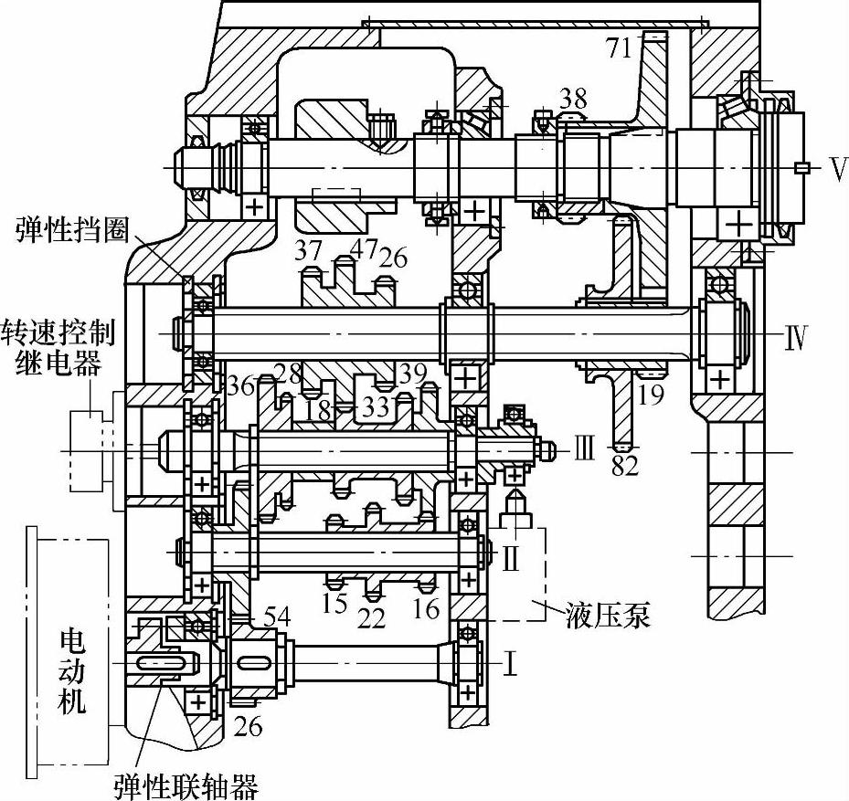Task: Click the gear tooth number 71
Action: point(620,47)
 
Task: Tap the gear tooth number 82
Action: point(625,467)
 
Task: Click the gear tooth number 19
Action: point(651,394)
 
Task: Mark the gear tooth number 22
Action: point(371,617)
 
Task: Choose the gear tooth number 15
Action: point(334,605)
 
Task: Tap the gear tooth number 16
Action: point(426,606)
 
